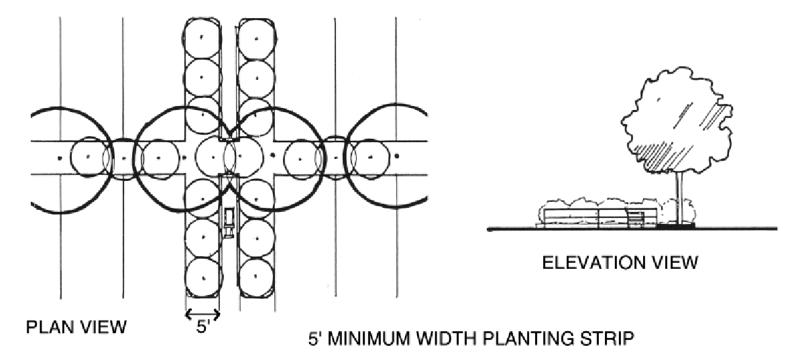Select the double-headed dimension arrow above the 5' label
[x=202, y=312]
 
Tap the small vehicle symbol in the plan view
[x=229, y=220]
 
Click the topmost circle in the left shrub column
[x=202, y=37]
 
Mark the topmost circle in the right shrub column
[x=255, y=37]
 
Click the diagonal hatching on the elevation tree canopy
[x=711, y=121]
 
